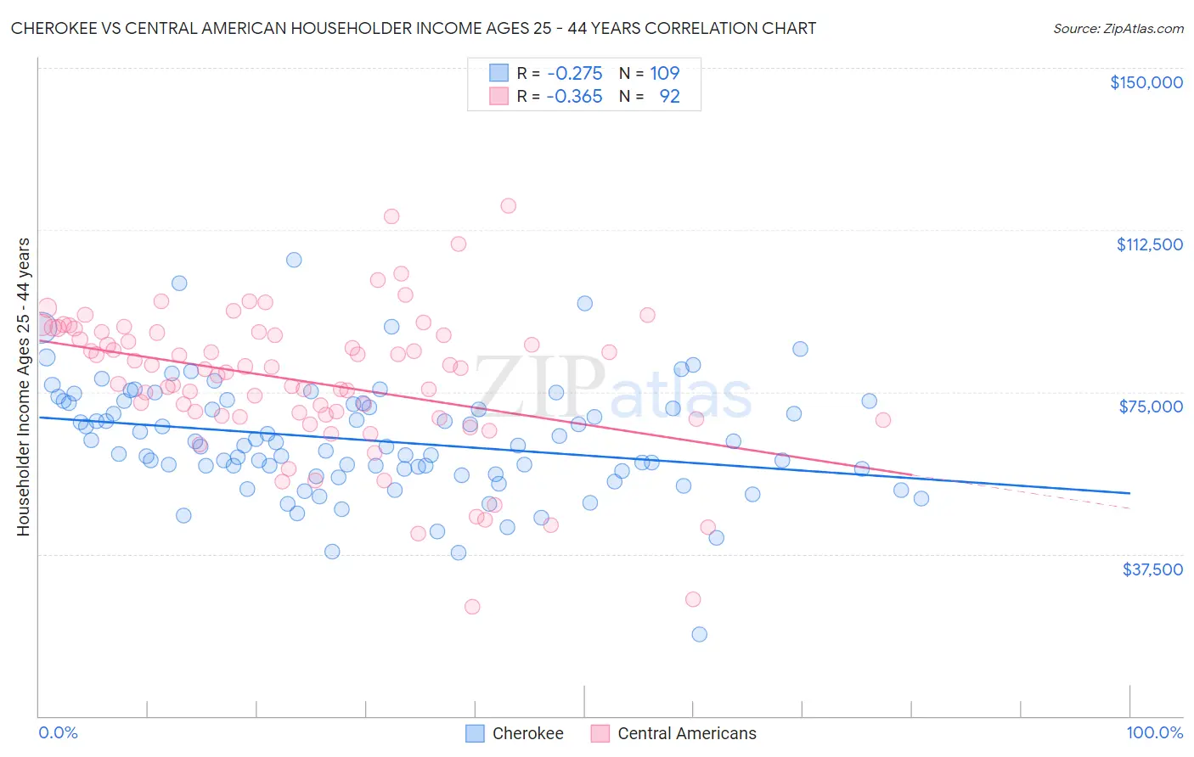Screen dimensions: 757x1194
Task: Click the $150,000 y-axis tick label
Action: (1146, 82)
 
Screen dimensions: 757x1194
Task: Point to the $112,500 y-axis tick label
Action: (1149, 244)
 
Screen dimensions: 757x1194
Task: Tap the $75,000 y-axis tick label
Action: (1151, 407)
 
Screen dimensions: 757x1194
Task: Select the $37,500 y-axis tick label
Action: (1152, 569)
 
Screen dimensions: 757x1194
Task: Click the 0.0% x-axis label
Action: (58, 732)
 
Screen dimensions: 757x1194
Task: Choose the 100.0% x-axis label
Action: (1154, 732)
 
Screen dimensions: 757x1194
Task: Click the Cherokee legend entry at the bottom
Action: (515, 733)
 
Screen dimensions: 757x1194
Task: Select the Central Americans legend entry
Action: (673, 733)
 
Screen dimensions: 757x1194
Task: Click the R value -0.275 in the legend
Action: (574, 73)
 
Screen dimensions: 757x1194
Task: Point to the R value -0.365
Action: (574, 97)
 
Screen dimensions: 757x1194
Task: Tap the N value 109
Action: (665, 73)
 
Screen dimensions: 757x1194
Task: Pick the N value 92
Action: (669, 97)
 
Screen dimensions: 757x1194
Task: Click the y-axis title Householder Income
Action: (24, 387)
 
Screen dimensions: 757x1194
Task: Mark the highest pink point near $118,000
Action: (508, 205)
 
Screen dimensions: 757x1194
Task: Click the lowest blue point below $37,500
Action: (699, 634)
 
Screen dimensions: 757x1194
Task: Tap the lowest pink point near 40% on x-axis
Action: (472, 607)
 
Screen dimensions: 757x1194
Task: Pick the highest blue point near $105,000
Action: (294, 260)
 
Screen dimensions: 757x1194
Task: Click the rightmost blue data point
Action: (921, 498)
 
